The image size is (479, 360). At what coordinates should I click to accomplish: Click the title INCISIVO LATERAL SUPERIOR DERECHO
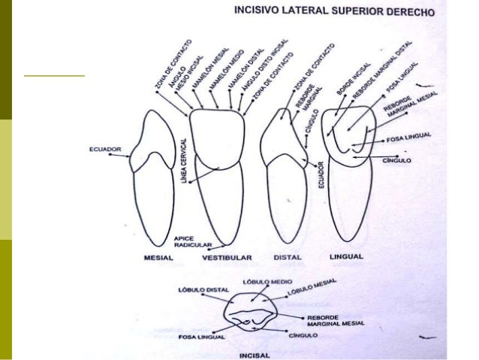[330, 11]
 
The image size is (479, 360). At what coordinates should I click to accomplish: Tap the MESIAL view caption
[158, 257]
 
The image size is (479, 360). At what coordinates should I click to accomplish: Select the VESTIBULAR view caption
[226, 258]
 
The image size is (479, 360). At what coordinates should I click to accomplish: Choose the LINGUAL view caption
[346, 256]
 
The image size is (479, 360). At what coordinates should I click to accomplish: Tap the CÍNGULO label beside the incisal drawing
[317, 335]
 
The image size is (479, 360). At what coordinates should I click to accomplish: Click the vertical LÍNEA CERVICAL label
[184, 161]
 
